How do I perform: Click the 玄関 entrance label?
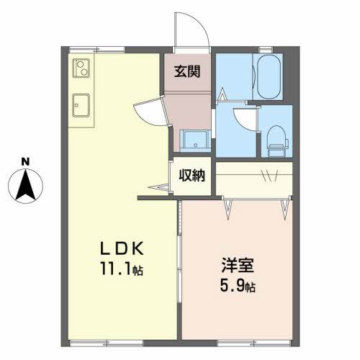(x=187, y=71)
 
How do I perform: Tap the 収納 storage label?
(x=192, y=175)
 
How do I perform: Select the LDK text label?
(x=122, y=248)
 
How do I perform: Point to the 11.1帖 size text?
(x=122, y=269)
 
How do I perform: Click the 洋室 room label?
(x=238, y=265)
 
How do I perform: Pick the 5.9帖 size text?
(x=238, y=286)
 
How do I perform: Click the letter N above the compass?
(x=25, y=161)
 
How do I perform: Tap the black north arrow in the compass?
(x=25, y=185)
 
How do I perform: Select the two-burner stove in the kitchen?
(x=81, y=68)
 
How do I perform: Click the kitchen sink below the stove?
(x=81, y=105)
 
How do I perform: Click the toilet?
(x=278, y=141)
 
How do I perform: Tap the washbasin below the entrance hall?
(x=195, y=141)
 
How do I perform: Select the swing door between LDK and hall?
(x=151, y=112)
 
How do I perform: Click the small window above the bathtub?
(x=266, y=50)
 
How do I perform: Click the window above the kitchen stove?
(x=97, y=50)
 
